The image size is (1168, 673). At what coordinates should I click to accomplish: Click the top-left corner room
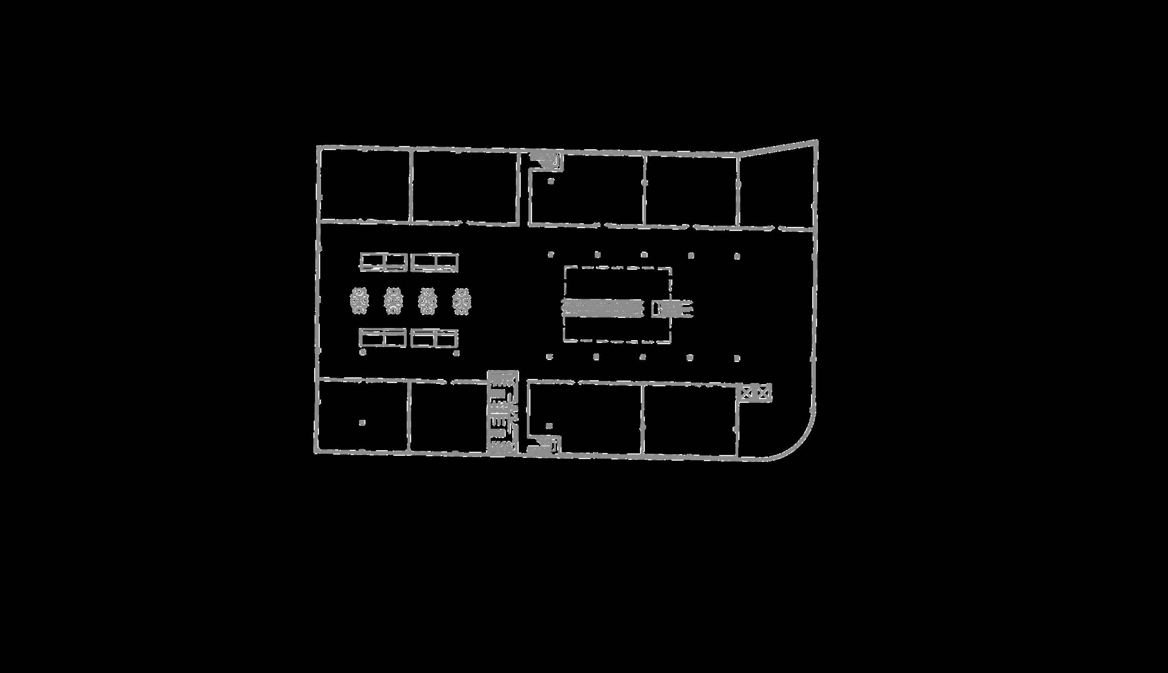pyautogui.click(x=365, y=185)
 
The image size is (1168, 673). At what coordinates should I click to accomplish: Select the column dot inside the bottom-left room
pyautogui.click(x=362, y=423)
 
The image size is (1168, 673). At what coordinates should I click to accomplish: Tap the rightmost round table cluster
pyautogui.click(x=461, y=301)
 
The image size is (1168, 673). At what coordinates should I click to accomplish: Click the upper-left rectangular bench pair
pyautogui.click(x=384, y=262)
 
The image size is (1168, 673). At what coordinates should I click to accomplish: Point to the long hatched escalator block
pyautogui.click(x=602, y=308)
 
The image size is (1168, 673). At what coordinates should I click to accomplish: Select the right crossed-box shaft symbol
pyautogui.click(x=764, y=392)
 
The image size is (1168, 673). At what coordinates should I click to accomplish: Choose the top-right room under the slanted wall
pyautogui.click(x=776, y=190)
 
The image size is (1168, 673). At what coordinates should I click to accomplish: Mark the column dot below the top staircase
pyautogui.click(x=550, y=182)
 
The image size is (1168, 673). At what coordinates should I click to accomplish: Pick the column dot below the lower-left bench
pyautogui.click(x=363, y=353)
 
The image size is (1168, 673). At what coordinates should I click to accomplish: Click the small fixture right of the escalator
pyautogui.click(x=672, y=308)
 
